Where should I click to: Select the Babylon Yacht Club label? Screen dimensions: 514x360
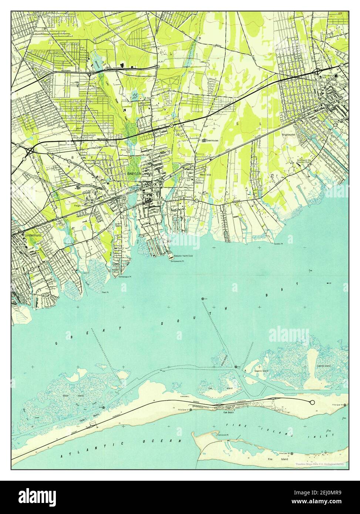(x=184, y=256)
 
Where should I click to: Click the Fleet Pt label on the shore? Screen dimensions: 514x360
(x=105, y=292)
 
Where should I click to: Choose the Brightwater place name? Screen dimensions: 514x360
(x=290, y=135)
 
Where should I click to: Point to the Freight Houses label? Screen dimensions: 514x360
(x=81, y=205)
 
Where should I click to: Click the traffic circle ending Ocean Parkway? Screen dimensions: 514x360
(x=312, y=402)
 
